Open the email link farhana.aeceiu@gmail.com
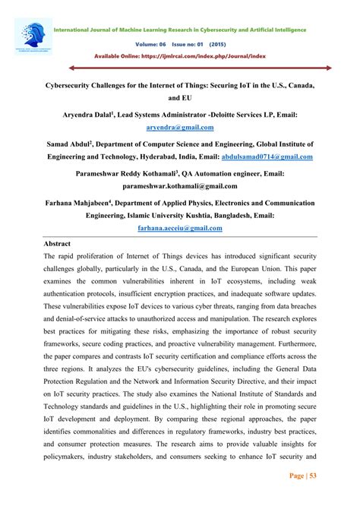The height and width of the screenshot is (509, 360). click(180, 226)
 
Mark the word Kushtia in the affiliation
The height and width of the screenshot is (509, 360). click(193, 215)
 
